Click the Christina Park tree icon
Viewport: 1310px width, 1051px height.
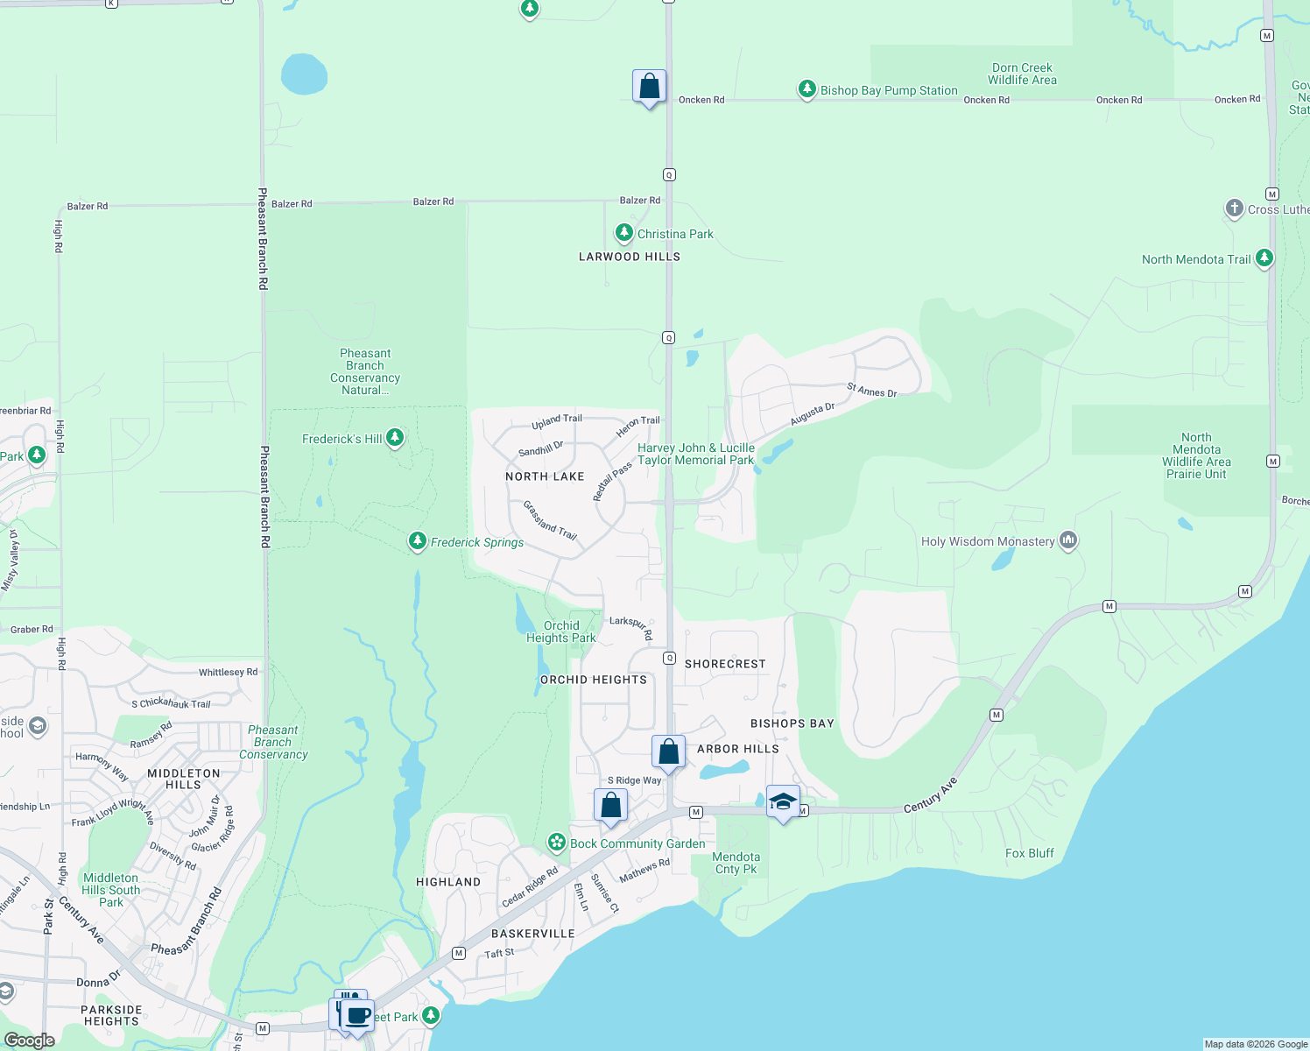(623, 233)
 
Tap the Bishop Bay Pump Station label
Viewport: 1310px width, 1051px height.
(889, 90)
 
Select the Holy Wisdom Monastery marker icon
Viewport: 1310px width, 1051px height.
(1067, 540)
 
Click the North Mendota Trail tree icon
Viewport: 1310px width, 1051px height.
(1264, 258)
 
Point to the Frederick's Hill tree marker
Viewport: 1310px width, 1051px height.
(395, 437)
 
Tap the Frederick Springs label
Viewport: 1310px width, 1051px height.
(477, 543)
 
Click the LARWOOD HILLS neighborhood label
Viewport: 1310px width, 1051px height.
(630, 257)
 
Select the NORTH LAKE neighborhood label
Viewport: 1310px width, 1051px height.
(545, 476)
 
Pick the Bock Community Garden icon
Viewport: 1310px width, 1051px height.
(557, 843)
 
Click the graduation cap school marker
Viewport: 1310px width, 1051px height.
(783, 801)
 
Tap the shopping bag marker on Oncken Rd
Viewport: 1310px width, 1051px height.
(649, 87)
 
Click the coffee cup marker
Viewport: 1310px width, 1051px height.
(357, 1016)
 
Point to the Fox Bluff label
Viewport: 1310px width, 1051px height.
(1029, 853)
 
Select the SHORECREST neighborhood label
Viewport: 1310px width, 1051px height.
(725, 664)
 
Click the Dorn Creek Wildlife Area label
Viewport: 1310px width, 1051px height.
(1022, 74)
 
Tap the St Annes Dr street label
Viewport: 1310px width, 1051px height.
(871, 391)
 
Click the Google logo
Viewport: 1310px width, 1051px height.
(30, 1040)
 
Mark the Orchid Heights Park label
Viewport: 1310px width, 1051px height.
(560, 631)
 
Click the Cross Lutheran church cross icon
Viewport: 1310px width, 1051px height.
(1234, 208)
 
